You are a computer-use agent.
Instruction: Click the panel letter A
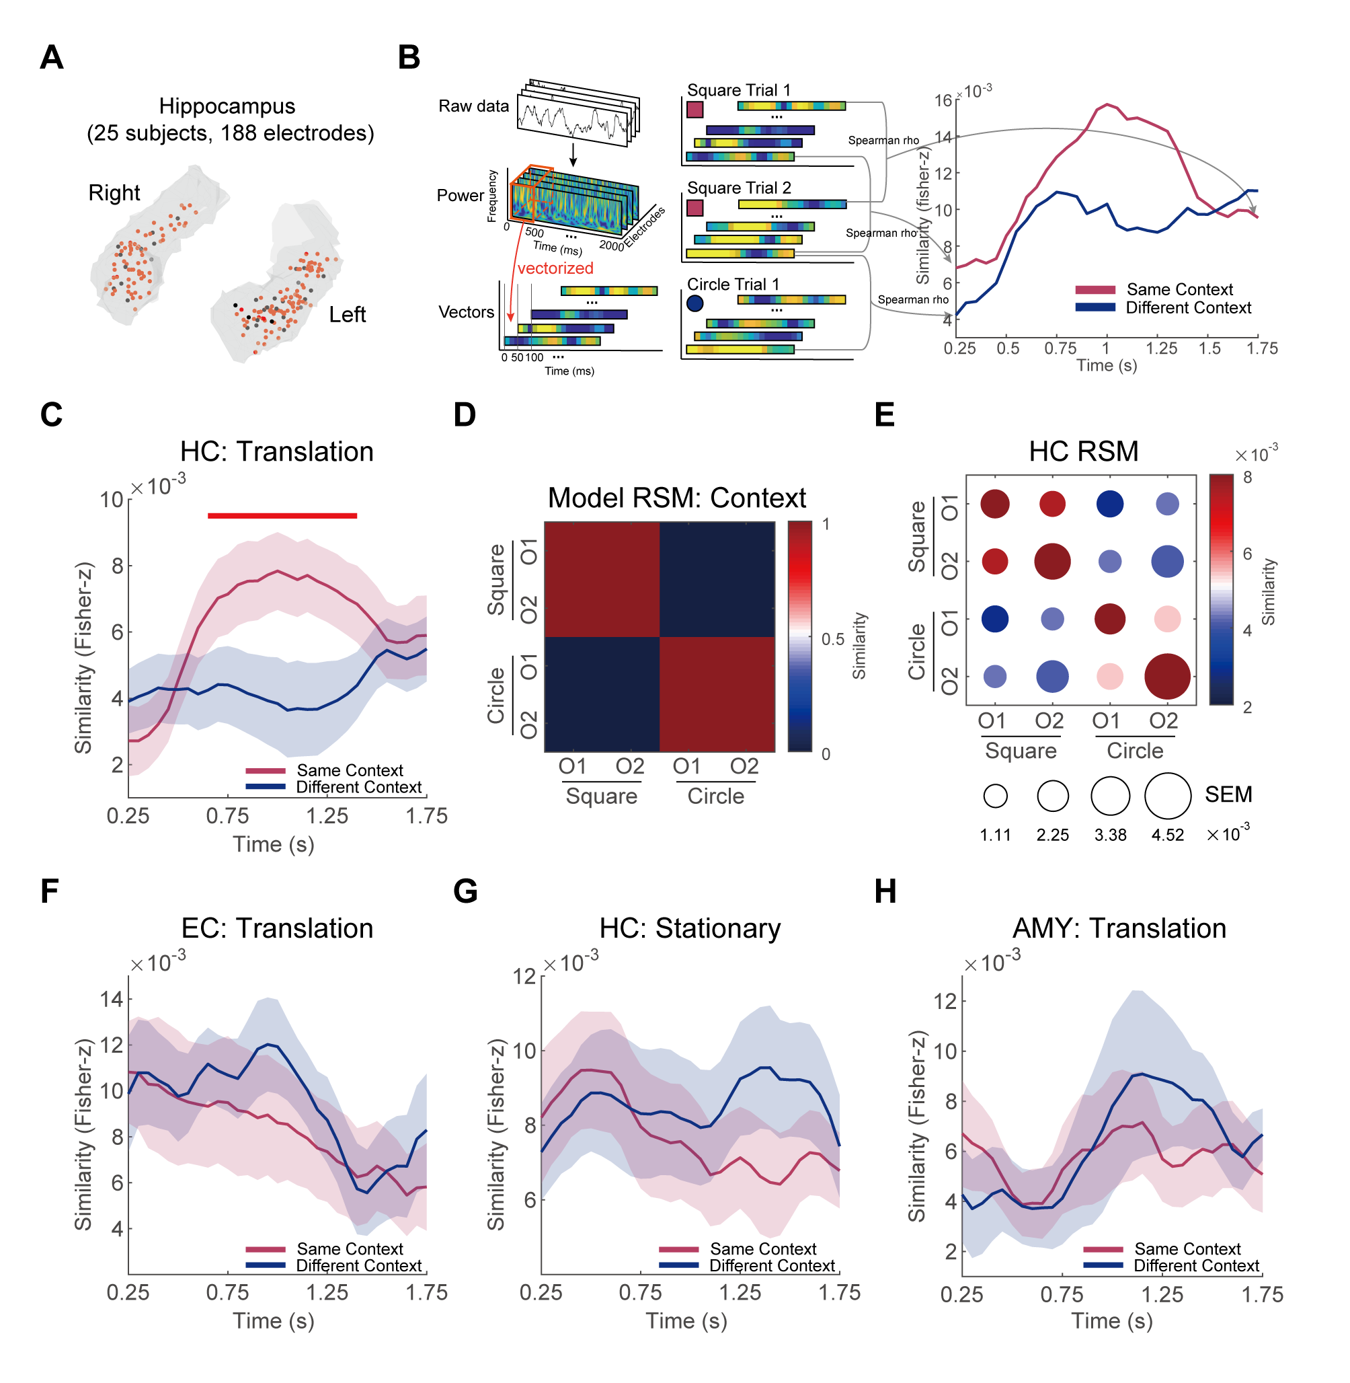[52, 57]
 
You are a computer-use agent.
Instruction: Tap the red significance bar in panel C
[282, 516]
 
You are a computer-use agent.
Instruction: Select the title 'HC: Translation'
[276, 452]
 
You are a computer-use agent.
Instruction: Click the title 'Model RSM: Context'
[676, 498]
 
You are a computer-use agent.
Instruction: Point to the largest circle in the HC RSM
[1167, 677]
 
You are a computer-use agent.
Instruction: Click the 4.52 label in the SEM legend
[1167, 835]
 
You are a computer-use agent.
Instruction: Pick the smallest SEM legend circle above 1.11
[996, 796]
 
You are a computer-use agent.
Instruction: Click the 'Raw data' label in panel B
[473, 106]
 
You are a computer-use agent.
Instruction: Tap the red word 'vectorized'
[555, 268]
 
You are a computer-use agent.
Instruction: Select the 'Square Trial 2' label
[739, 188]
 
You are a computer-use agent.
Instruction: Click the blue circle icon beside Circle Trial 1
[695, 303]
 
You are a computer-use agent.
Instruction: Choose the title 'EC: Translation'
[277, 928]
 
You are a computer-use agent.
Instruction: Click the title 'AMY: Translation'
[1119, 928]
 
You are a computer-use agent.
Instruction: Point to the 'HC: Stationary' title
[690, 928]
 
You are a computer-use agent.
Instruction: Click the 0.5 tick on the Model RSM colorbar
[832, 639]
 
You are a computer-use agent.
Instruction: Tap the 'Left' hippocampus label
[348, 314]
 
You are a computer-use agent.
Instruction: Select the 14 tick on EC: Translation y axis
[112, 1000]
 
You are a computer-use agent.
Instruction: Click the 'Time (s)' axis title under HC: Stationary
[686, 1320]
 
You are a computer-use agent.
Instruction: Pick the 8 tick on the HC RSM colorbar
[1247, 478]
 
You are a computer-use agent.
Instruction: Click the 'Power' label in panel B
[460, 196]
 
